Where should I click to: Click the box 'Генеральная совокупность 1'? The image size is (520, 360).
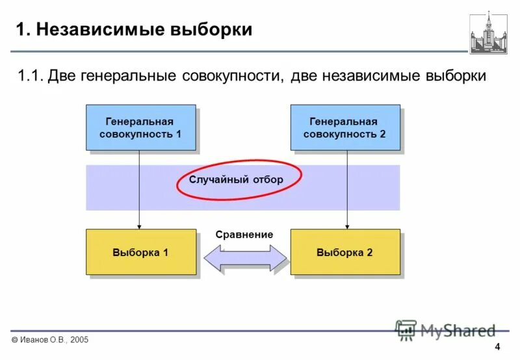[140, 127]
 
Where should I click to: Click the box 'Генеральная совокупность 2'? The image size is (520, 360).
[344, 127]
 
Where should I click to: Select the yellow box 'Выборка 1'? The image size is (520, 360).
[140, 251]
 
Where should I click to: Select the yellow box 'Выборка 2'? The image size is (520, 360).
[344, 251]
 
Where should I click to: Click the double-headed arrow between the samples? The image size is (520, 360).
[245, 258]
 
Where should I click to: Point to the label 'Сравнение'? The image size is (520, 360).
[244, 235]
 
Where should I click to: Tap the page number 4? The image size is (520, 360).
[497, 346]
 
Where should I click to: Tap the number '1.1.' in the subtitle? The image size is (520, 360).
[31, 76]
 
